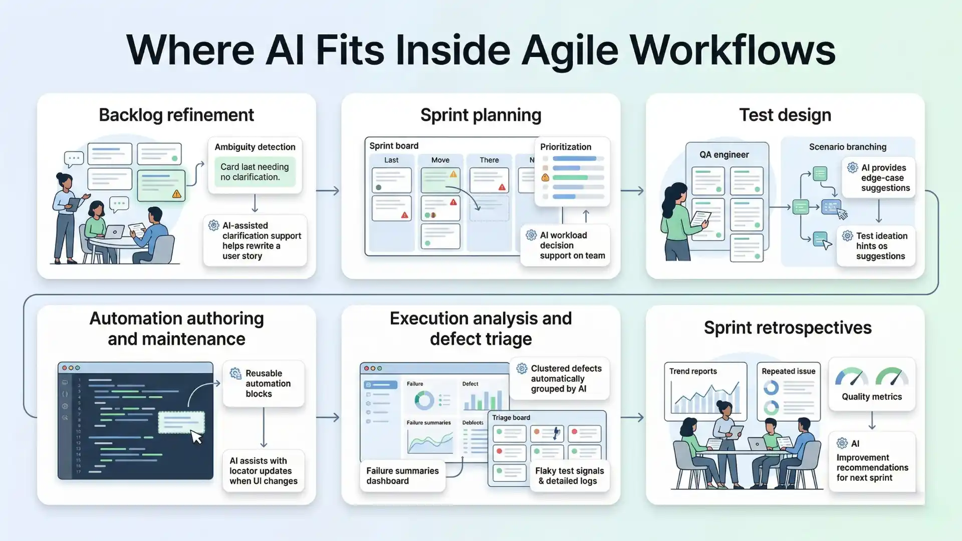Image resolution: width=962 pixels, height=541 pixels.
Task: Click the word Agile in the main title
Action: click(x=570, y=50)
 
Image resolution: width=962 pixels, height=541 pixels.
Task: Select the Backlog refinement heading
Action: click(x=176, y=115)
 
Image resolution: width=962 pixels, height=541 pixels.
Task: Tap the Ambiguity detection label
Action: click(x=255, y=147)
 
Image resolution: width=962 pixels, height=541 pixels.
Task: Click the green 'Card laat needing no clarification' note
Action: click(x=255, y=172)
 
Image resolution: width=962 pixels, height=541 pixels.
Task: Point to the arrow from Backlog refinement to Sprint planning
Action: click(x=328, y=191)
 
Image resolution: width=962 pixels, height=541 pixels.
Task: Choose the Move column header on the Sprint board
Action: click(x=440, y=160)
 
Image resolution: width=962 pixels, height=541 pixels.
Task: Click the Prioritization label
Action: click(x=565, y=147)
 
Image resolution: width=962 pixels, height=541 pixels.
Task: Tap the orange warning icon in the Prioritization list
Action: click(x=545, y=177)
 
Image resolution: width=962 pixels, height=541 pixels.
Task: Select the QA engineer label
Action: click(x=724, y=155)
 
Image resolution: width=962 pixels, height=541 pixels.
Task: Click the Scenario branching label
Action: click(x=847, y=147)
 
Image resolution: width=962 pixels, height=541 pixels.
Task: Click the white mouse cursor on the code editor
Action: click(x=196, y=437)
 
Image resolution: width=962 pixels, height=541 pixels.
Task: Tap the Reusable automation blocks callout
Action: click(x=264, y=384)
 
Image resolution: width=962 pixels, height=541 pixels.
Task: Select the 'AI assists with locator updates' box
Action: click(x=264, y=471)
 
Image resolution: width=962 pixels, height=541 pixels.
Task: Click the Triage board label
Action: click(x=511, y=418)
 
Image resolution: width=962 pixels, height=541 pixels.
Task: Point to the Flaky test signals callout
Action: click(x=569, y=476)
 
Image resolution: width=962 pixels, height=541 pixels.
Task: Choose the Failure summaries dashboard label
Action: click(x=402, y=476)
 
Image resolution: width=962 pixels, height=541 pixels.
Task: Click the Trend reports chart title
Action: click(x=692, y=371)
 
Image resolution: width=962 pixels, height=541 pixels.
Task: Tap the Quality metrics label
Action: click(x=871, y=397)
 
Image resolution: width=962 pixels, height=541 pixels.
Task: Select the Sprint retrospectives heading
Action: click(x=787, y=328)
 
